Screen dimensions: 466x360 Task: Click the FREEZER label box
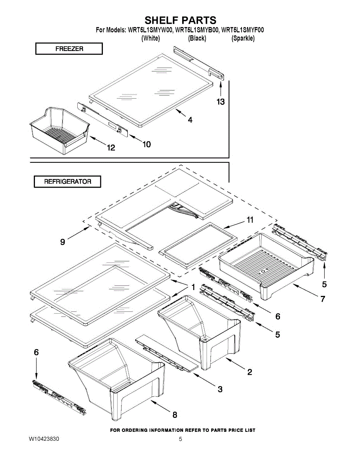point(69,49)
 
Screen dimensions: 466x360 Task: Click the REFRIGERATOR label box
point(68,181)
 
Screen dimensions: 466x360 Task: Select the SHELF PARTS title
point(180,20)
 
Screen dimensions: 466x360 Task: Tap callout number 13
point(221,102)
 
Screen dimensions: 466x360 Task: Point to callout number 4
point(190,120)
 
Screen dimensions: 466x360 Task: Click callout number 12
point(111,148)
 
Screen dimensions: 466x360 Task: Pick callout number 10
point(146,144)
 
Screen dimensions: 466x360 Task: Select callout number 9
point(63,242)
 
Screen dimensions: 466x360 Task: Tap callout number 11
point(250,220)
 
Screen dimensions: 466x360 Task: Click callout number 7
point(322,299)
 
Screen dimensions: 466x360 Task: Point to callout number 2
point(250,372)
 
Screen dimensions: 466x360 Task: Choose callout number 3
point(220,389)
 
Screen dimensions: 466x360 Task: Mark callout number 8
point(175,415)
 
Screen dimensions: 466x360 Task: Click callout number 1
point(193,287)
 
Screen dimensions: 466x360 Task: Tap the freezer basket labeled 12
point(58,130)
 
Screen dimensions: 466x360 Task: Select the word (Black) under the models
point(197,38)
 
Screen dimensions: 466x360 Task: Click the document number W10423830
point(44,439)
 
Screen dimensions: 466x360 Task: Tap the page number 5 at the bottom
point(180,439)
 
